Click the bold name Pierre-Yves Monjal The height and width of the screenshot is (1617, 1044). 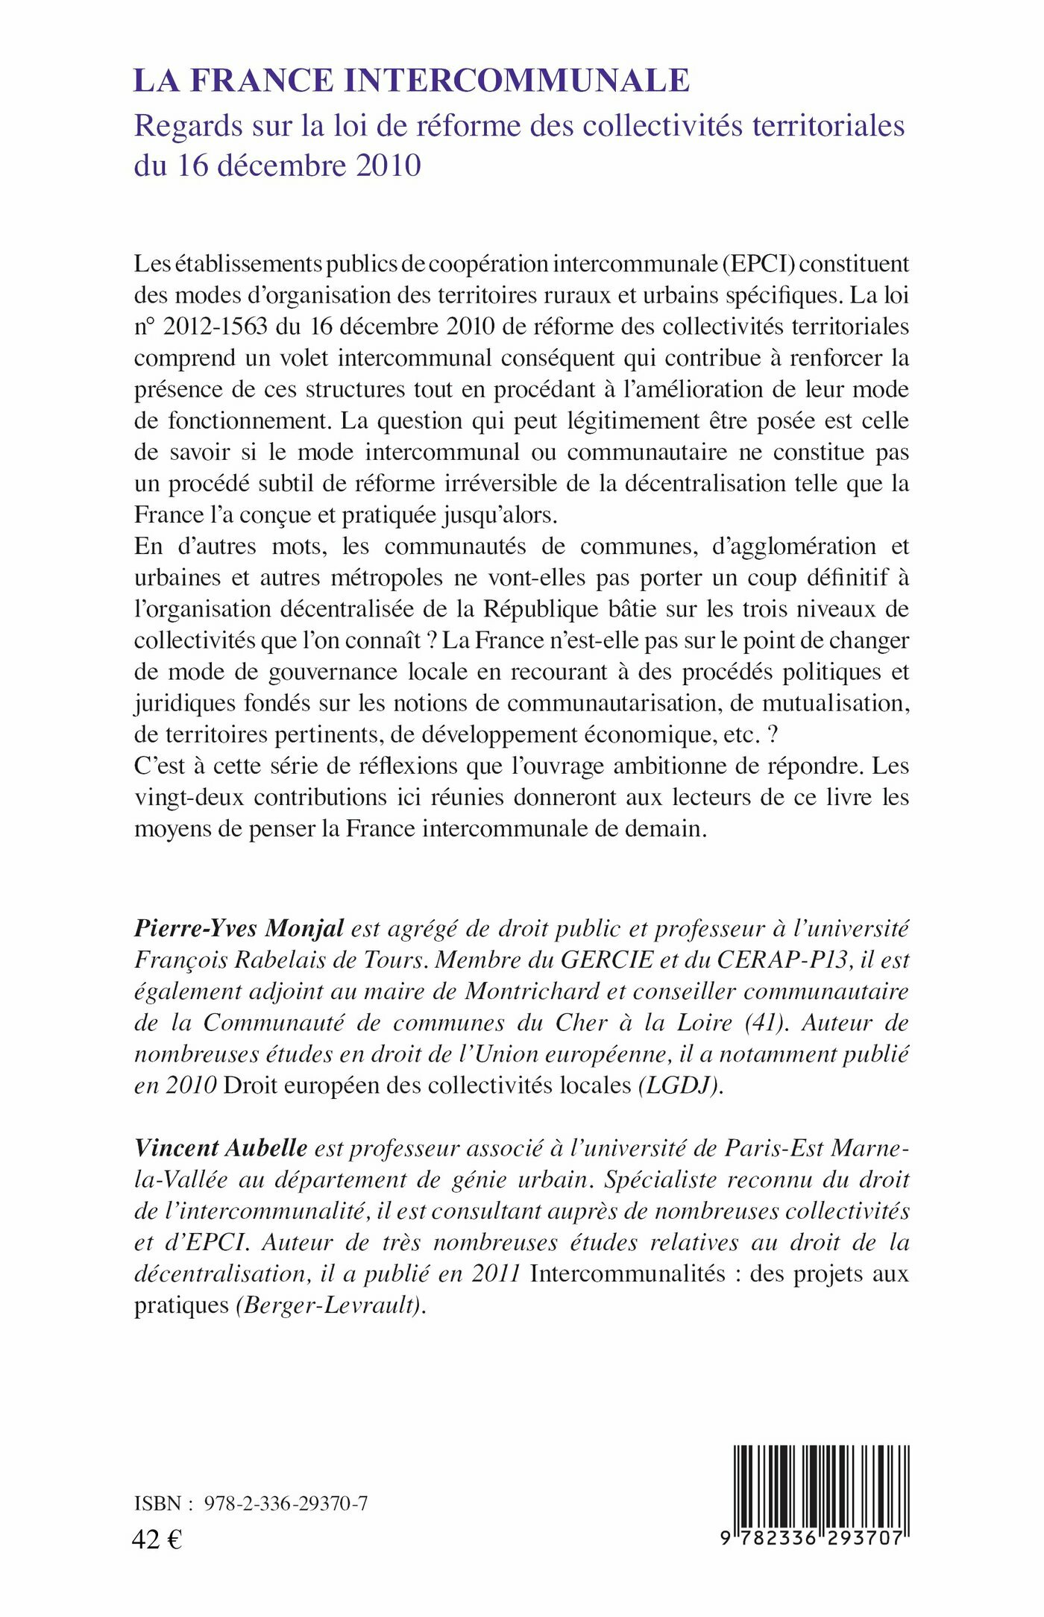pyautogui.click(x=239, y=928)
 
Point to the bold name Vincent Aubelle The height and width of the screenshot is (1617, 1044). pyautogui.click(x=221, y=1147)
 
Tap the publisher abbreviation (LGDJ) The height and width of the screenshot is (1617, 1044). pyautogui.click(x=681, y=1085)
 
